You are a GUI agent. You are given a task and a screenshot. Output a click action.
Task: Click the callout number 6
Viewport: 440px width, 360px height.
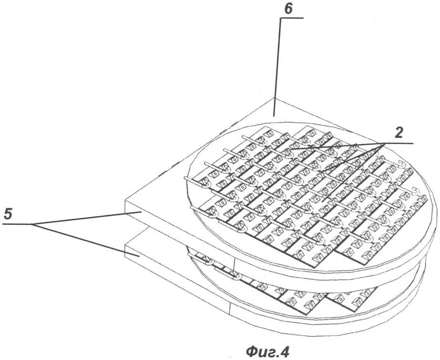(288, 9)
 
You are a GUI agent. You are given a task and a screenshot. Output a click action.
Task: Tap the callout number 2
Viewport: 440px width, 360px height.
(398, 133)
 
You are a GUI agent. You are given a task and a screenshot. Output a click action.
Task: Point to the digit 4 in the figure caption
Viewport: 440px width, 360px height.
(284, 351)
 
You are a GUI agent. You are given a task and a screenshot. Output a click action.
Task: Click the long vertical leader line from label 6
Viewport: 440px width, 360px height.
(277, 67)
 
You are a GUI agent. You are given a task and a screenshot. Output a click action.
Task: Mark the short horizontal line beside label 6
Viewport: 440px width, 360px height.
(292, 18)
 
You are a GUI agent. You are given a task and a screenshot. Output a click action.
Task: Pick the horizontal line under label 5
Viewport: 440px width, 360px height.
(17, 224)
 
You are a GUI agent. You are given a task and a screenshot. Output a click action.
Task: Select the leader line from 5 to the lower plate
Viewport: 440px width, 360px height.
(85, 240)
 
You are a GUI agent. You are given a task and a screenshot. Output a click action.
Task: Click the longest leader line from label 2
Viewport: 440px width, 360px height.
(353, 173)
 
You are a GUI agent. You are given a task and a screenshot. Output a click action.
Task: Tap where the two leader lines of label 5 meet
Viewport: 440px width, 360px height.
(32, 224)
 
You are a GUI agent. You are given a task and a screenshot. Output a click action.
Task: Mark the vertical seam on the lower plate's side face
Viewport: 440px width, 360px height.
(230, 309)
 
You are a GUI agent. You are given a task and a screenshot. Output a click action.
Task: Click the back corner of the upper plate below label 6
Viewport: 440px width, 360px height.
(274, 98)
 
